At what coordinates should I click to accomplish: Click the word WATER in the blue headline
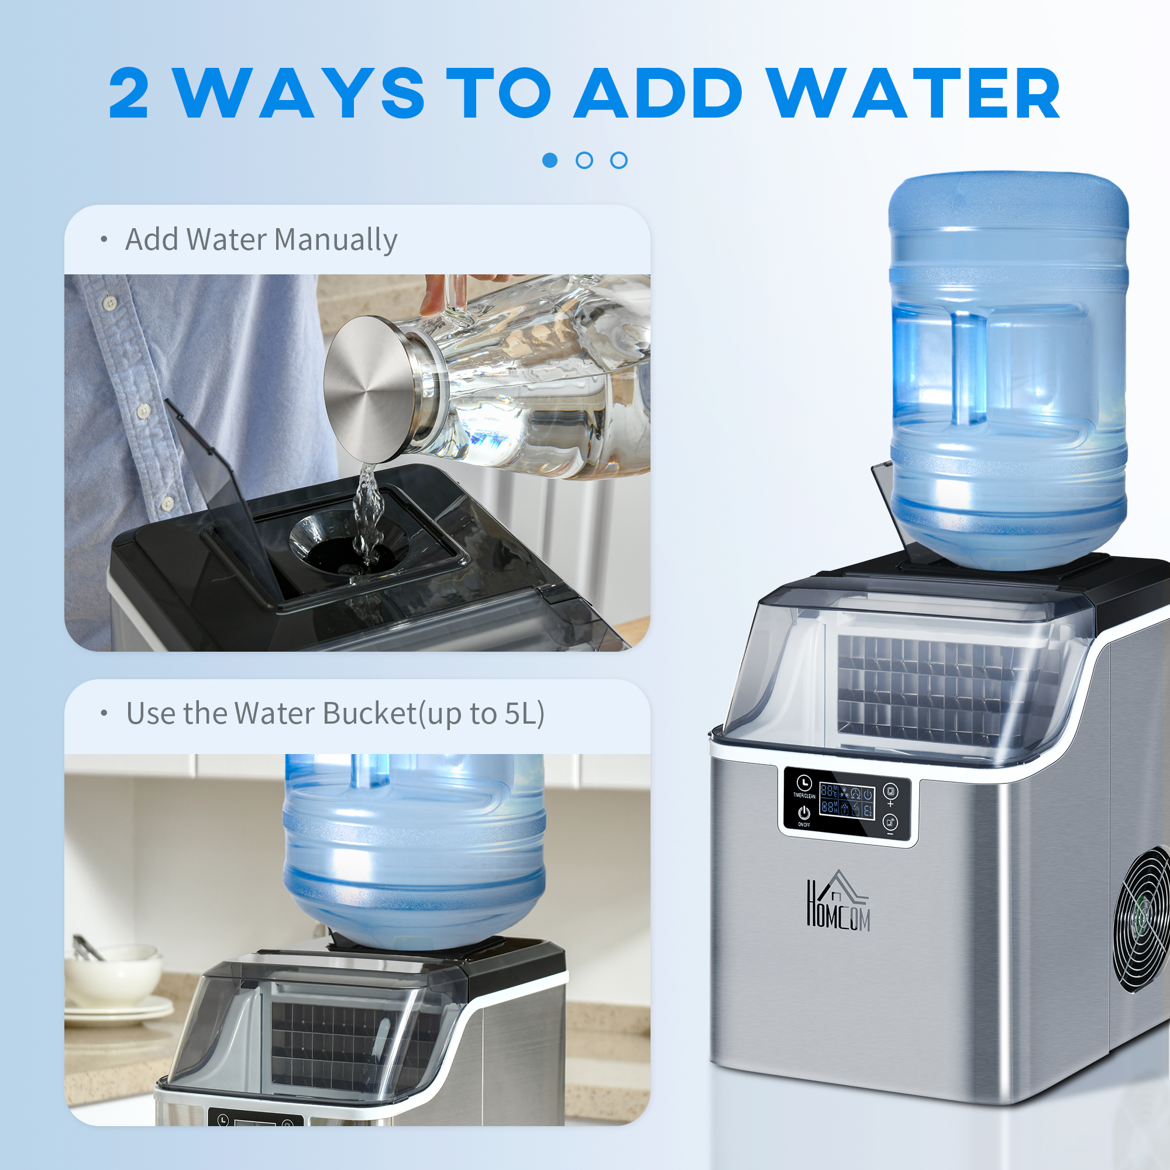point(914,94)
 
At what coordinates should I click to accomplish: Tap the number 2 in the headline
point(128,94)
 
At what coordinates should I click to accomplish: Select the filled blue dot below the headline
point(550,160)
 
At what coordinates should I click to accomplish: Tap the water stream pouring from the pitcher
point(367,509)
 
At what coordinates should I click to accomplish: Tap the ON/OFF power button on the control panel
point(804,813)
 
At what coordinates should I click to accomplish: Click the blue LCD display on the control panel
point(846,800)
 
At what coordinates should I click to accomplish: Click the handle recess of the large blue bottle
point(969,369)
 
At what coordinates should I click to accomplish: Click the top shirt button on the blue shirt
point(109,300)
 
